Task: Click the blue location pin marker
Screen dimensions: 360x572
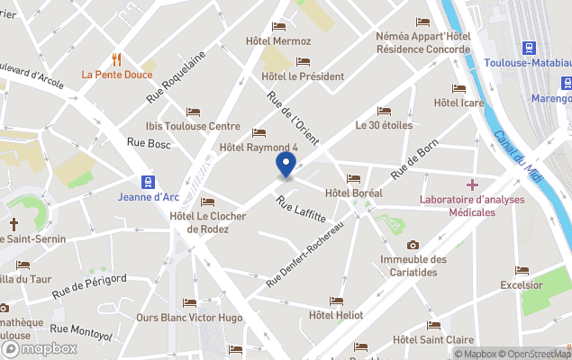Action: [x=286, y=166]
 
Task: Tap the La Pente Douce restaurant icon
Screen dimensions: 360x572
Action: [x=116, y=59]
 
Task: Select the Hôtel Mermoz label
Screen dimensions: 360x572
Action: [x=278, y=41]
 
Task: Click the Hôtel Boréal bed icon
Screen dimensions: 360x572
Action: [x=353, y=179]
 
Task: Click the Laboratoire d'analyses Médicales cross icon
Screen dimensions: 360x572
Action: [x=472, y=184]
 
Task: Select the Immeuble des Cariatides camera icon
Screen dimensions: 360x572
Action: [x=413, y=245]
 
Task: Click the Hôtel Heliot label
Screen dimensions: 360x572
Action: [x=336, y=315]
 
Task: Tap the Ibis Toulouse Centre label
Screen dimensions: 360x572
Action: [x=193, y=126]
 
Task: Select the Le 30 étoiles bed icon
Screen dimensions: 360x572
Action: [x=385, y=111]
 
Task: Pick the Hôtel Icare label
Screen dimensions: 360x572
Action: [x=459, y=103]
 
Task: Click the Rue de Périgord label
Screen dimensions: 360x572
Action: [x=87, y=285]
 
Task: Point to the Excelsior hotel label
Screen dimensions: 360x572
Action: [x=522, y=285]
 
